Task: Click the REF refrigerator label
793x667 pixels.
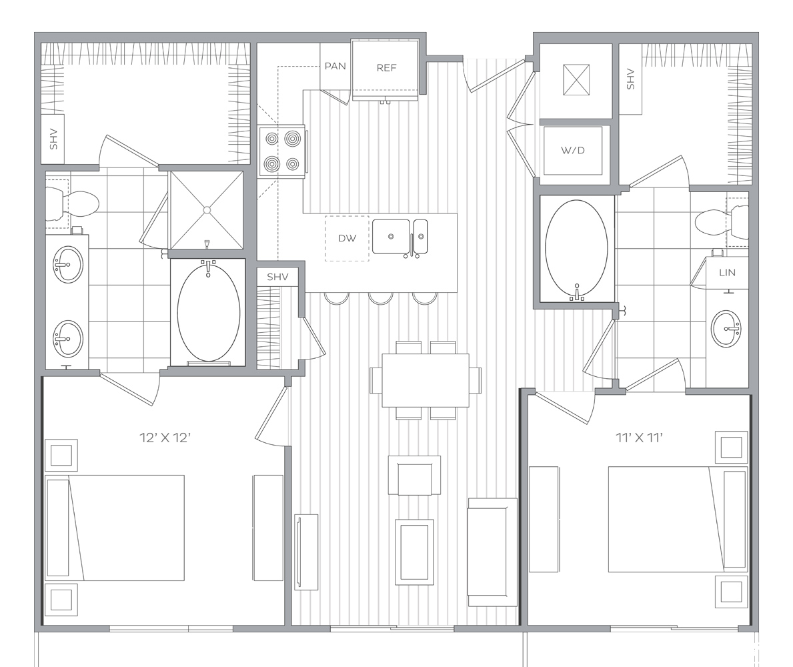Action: click(386, 68)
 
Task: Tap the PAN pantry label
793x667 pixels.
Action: click(335, 66)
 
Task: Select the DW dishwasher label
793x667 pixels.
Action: click(347, 238)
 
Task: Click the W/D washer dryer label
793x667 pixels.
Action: click(572, 150)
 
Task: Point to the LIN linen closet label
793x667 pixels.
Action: click(727, 273)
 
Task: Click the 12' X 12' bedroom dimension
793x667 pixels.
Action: click(165, 438)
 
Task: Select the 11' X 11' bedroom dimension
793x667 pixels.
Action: click(639, 438)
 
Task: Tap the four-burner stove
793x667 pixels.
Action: click(282, 151)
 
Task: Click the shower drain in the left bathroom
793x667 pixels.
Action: click(206, 209)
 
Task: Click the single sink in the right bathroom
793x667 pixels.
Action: click(727, 329)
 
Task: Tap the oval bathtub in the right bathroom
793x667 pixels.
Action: click(576, 250)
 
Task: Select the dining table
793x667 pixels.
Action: click(426, 380)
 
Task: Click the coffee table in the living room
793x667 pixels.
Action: click(414, 552)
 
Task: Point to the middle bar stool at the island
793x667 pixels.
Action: click(380, 298)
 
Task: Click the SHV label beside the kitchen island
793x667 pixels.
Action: click(277, 277)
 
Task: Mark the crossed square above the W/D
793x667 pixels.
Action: click(576, 79)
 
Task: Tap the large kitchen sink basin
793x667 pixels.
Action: click(391, 236)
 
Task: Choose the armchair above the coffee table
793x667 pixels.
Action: click(414, 476)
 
